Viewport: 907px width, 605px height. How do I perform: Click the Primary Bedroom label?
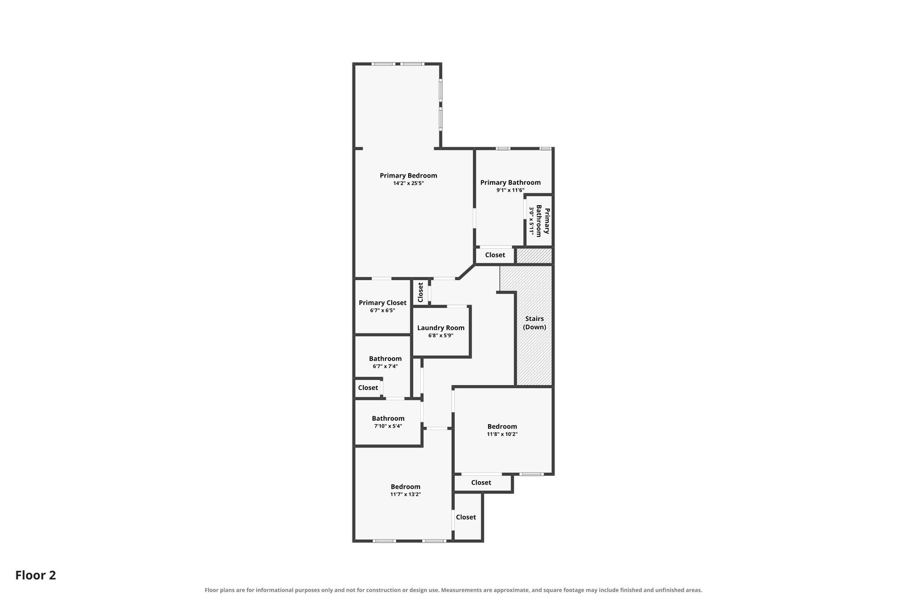(x=408, y=176)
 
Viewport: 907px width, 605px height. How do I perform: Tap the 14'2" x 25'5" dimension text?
(x=408, y=184)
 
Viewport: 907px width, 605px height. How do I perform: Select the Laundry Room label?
(x=440, y=328)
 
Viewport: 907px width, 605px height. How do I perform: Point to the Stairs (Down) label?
(x=535, y=323)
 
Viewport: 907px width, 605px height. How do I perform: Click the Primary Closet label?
(x=382, y=303)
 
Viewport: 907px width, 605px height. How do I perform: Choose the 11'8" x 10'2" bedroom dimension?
(x=502, y=434)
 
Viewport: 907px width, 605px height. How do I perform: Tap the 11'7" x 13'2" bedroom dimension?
(x=405, y=494)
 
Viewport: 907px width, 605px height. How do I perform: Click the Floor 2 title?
(x=36, y=576)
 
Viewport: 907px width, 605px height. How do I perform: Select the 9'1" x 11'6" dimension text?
(x=510, y=191)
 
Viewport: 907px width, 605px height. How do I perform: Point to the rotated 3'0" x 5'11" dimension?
(x=531, y=221)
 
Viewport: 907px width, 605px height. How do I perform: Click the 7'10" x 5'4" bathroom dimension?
(x=388, y=426)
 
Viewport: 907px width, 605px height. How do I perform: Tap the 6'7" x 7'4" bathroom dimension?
(x=385, y=366)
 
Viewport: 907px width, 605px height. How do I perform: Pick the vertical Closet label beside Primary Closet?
(x=420, y=293)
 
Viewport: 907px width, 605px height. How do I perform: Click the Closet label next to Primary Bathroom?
(x=495, y=255)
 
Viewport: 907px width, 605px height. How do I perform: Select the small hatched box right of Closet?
(x=534, y=256)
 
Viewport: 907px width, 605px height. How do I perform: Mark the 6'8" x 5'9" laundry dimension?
(x=440, y=336)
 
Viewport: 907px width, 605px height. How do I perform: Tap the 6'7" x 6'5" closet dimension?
(x=382, y=311)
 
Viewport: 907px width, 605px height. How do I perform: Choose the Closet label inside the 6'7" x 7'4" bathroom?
(x=368, y=388)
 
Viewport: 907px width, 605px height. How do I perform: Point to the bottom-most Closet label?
(x=465, y=517)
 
